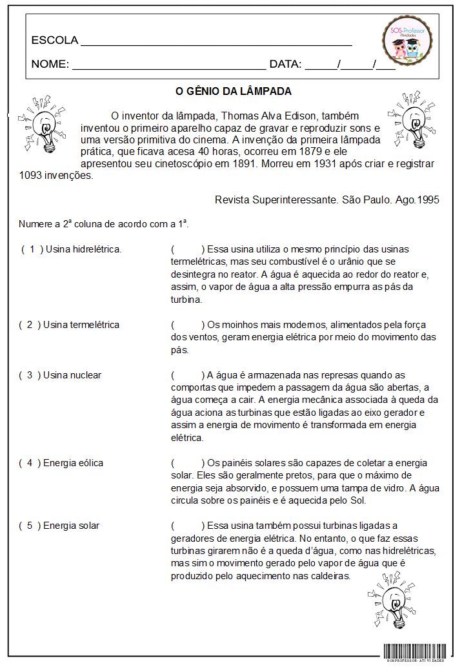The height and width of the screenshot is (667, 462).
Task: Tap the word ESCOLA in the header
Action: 55,41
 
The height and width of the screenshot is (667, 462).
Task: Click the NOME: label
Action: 50,65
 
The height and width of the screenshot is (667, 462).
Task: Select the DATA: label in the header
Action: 285,65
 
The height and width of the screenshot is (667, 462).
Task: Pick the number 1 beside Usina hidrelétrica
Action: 32,249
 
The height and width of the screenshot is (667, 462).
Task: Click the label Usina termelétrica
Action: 81,325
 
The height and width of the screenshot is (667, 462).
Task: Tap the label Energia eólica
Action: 73,463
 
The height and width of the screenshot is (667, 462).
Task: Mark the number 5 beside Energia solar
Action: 30,526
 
